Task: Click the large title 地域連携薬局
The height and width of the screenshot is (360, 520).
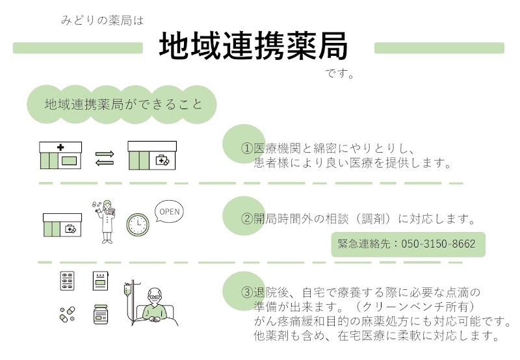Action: coord(253,47)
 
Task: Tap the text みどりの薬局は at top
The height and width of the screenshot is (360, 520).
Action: coord(100,21)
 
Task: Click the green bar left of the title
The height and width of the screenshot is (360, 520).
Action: coord(78,48)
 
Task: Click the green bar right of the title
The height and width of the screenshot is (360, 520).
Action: coord(439,48)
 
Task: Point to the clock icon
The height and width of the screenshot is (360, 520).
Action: coord(137,224)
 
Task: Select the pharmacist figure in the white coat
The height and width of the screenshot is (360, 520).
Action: coord(107,222)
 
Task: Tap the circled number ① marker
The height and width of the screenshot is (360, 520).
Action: coord(246,149)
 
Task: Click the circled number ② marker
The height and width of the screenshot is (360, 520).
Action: coord(246,218)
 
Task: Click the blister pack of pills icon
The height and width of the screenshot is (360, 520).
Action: coord(68,281)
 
